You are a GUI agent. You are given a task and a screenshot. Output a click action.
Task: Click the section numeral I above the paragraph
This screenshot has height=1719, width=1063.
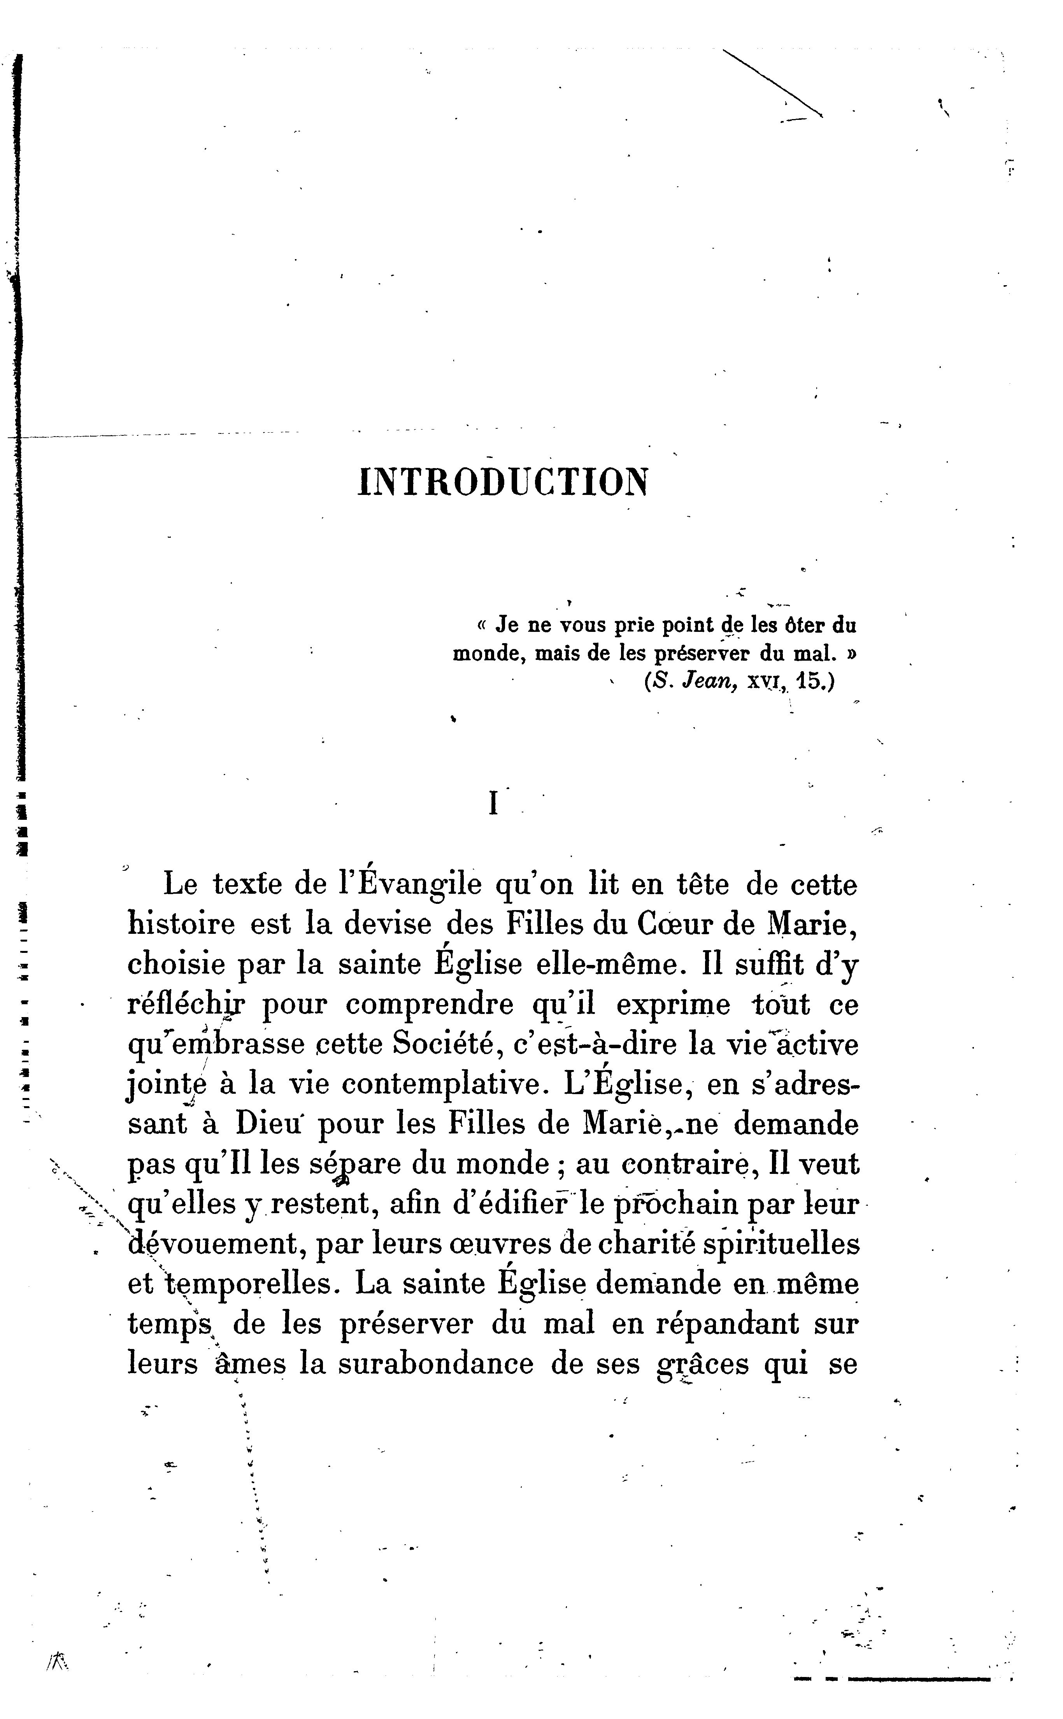[493, 803]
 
